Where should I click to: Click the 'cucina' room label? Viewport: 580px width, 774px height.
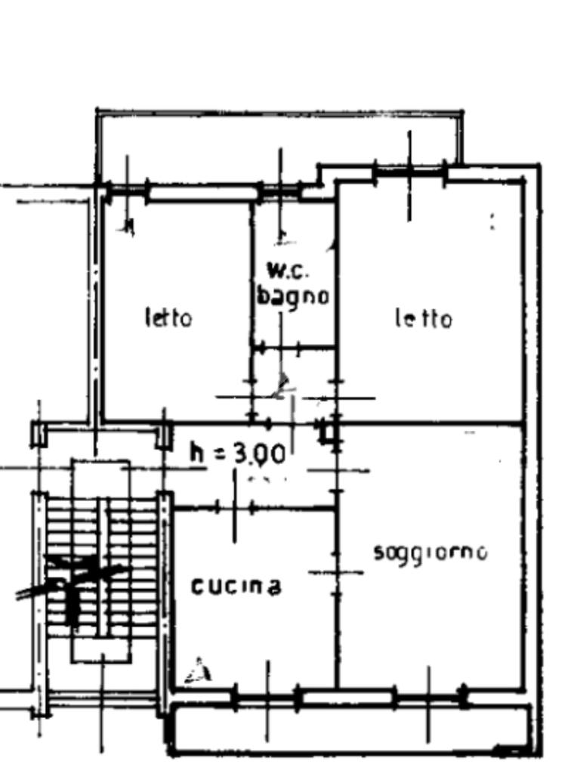point(236,586)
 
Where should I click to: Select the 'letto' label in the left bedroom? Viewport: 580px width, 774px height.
point(168,317)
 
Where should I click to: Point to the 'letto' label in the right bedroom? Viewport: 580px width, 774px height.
point(424,319)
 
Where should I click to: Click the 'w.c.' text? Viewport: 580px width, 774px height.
point(288,270)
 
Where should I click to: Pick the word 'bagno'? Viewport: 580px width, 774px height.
point(293,296)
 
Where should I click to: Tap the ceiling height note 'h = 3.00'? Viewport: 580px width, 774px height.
point(238,454)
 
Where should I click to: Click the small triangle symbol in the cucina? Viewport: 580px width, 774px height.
point(199,671)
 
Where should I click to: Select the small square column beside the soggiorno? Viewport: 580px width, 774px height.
point(329,432)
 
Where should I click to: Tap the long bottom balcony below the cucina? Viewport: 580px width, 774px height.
point(347,729)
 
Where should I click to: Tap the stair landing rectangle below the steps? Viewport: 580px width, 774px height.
point(101,650)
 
